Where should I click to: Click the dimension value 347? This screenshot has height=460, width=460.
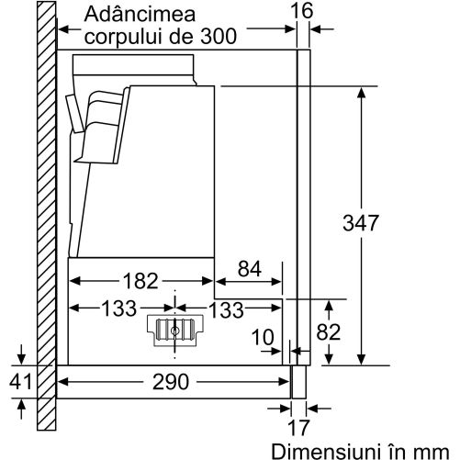click(x=361, y=223)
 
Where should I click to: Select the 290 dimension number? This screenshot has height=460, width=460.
click(x=171, y=382)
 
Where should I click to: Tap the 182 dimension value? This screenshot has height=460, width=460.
click(x=140, y=281)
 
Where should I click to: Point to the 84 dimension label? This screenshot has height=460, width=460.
click(x=250, y=269)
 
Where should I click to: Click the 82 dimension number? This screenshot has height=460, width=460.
click(x=329, y=332)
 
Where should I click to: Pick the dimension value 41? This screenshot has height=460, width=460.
click(x=20, y=382)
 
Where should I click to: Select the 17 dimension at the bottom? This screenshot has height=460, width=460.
click(x=299, y=428)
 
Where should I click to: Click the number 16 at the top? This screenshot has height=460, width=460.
click(x=302, y=11)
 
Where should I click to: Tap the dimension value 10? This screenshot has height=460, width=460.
click(x=263, y=337)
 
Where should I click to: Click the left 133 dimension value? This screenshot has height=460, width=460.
click(x=118, y=309)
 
